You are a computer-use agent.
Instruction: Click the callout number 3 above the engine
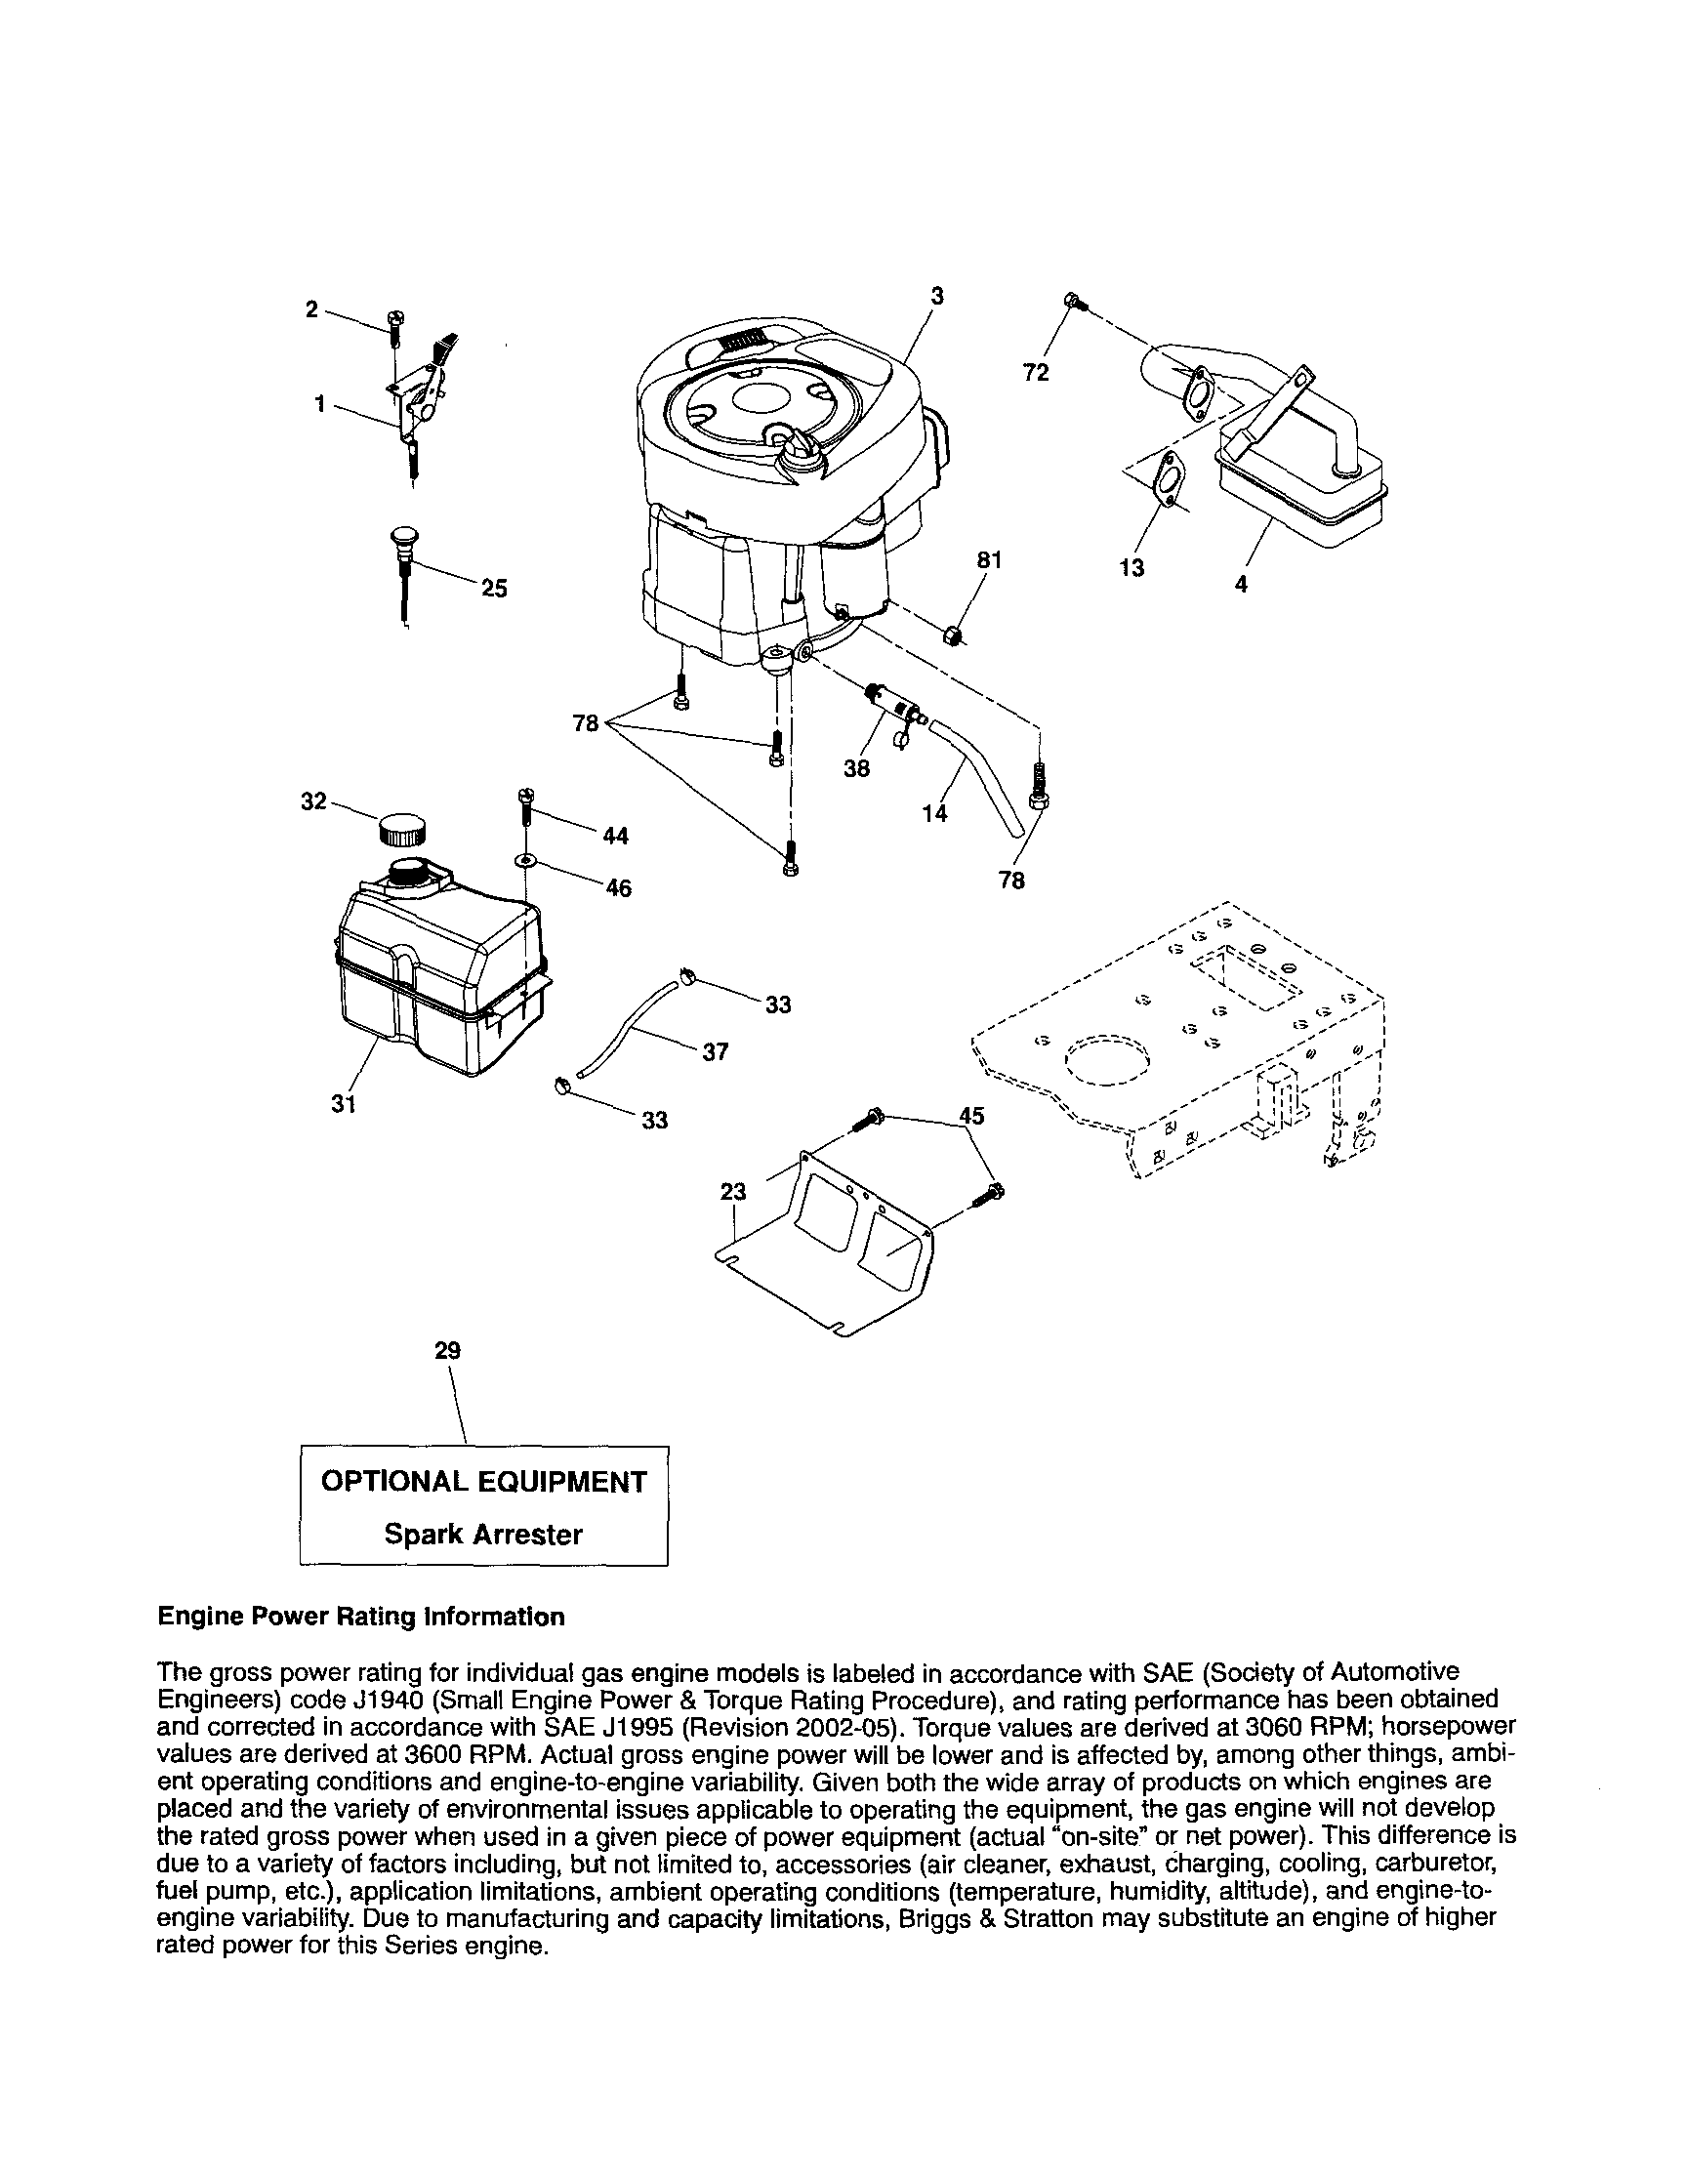click(936, 296)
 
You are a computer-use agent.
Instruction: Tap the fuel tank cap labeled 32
click(403, 828)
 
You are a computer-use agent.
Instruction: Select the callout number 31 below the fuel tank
click(344, 1103)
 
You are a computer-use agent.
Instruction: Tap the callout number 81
click(987, 560)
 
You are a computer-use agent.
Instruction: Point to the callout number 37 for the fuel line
click(715, 1051)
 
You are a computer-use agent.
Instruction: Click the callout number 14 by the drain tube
click(933, 813)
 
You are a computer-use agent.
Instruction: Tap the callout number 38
click(856, 768)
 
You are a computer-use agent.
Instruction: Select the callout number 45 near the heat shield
click(971, 1116)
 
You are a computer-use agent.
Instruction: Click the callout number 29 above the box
click(448, 1350)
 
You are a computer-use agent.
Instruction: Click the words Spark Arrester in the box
click(482, 1534)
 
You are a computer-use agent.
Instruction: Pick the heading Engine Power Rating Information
click(360, 1617)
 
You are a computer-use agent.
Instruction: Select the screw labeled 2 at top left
click(395, 320)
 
